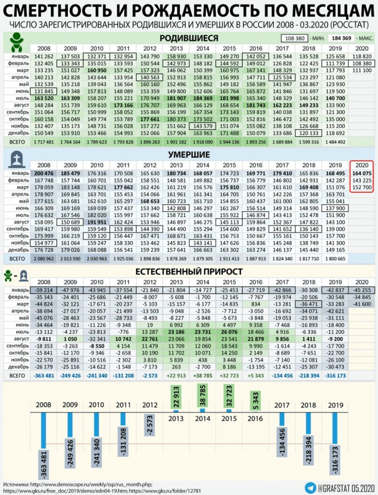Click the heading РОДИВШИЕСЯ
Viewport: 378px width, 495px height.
[188, 38]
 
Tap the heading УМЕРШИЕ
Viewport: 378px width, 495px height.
[188, 155]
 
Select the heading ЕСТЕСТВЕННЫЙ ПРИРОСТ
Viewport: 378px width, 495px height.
[189, 271]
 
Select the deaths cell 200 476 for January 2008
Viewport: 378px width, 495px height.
[44, 173]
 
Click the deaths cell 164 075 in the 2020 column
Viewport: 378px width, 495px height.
[362, 173]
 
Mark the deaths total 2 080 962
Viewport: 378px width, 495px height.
[44, 259]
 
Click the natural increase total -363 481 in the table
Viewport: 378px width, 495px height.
[44, 375]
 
